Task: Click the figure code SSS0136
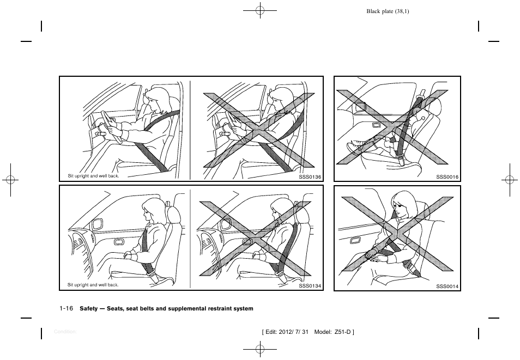(x=310, y=177)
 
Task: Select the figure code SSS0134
(x=310, y=286)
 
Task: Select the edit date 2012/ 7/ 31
(x=295, y=332)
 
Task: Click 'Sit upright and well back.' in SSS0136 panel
(x=93, y=176)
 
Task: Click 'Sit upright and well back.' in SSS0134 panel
(x=93, y=285)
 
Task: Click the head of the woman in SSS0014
(x=402, y=205)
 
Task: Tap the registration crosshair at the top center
(x=260, y=10)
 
